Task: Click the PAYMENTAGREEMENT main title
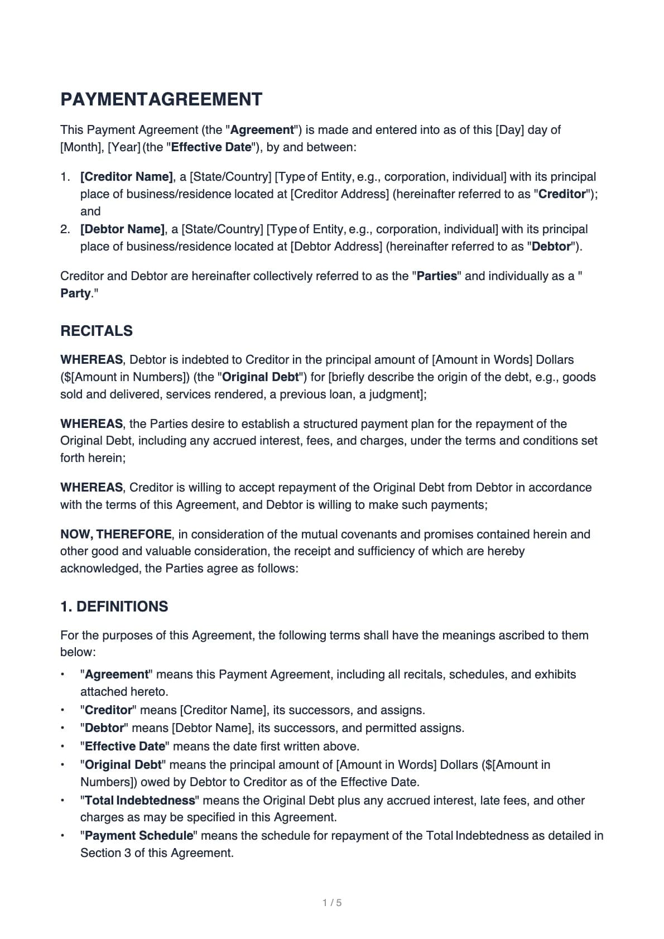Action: (161, 99)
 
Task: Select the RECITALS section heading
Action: (97, 331)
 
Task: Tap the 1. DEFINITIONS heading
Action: (114, 606)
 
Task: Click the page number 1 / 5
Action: (332, 902)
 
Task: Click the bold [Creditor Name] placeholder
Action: (127, 177)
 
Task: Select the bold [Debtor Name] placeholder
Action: (123, 229)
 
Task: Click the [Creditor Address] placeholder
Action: (340, 194)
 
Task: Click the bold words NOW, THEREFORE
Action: (116, 534)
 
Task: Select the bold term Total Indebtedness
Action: (140, 800)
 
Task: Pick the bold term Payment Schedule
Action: (139, 835)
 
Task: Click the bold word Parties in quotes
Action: (437, 276)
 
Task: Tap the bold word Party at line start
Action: (75, 293)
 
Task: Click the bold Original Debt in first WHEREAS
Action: (261, 377)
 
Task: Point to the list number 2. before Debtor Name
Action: (65, 229)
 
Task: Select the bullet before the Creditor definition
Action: (63, 710)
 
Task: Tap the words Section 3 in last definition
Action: (101, 853)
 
